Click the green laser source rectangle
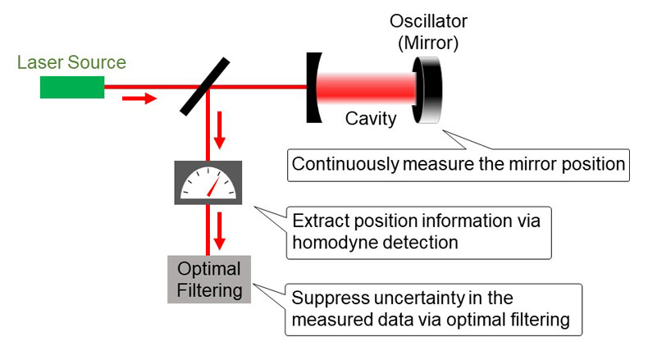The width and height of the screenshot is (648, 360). tap(72, 86)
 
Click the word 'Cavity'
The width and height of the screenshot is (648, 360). tap(371, 119)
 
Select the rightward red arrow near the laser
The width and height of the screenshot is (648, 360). tap(138, 99)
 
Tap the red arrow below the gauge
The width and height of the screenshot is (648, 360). tap(219, 232)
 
